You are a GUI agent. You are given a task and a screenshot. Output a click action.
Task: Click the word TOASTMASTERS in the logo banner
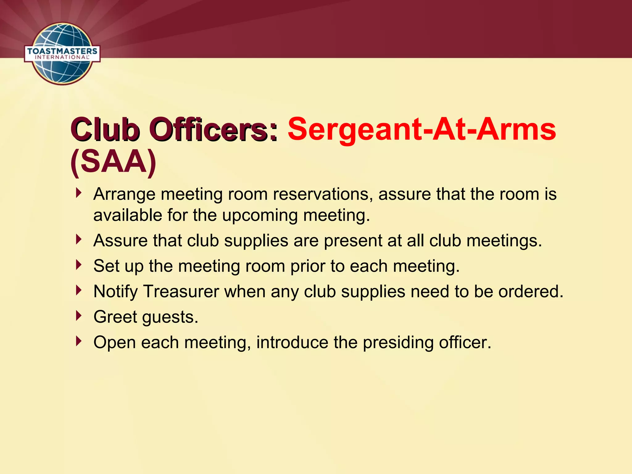pyautogui.click(x=62, y=51)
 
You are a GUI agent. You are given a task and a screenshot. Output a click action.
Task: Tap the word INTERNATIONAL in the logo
pyautogui.click(x=62, y=57)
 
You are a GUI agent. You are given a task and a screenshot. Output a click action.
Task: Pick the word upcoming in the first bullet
pyautogui.click(x=260, y=215)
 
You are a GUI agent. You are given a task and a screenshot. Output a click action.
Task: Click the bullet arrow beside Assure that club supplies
pyautogui.click(x=79, y=239)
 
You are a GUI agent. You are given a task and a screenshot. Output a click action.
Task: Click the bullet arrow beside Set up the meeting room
pyautogui.click(x=79, y=264)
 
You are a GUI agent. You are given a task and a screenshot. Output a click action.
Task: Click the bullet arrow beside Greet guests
pyautogui.click(x=79, y=315)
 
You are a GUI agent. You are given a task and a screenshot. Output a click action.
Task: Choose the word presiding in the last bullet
pyautogui.click(x=398, y=343)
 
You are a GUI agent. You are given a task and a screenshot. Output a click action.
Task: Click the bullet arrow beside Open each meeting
pyautogui.click(x=79, y=341)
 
